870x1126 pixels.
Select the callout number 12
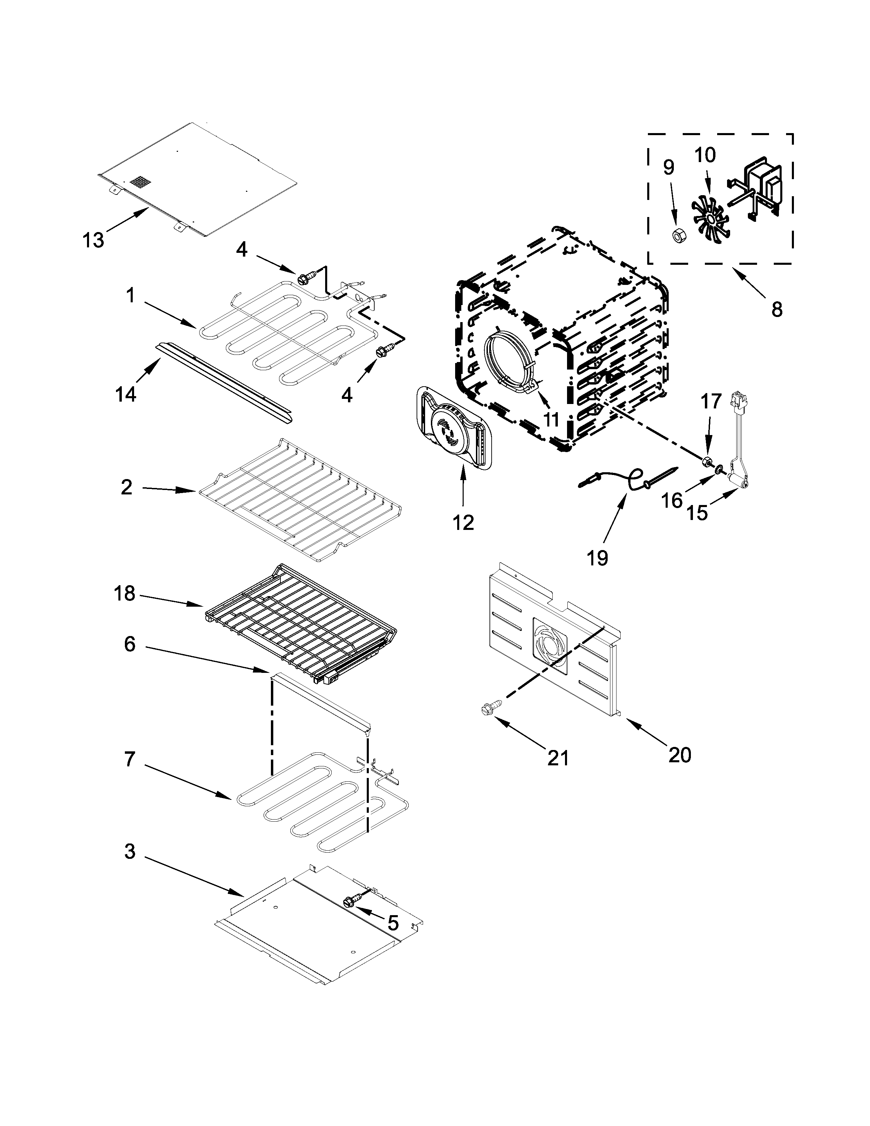[463, 523]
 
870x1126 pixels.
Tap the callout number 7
[129, 759]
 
